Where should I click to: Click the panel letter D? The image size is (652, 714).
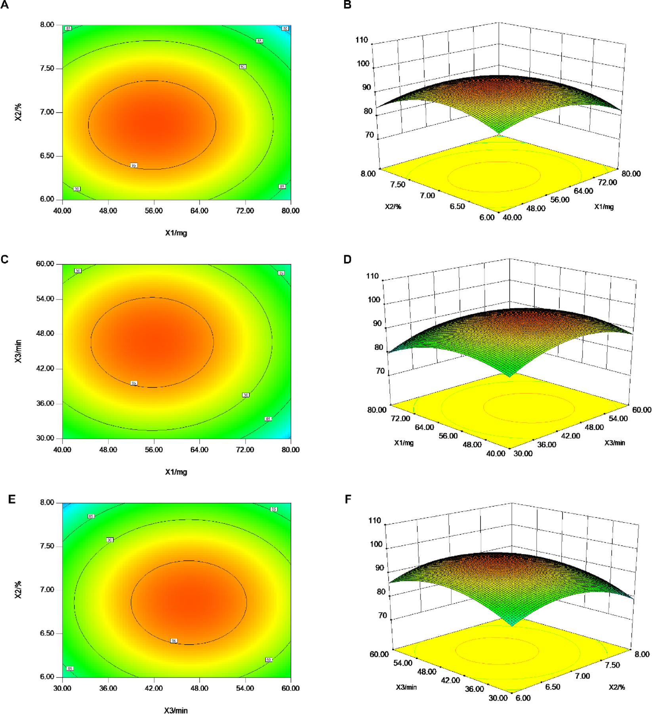coord(347,260)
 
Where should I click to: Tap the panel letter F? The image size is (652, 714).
coord(348,499)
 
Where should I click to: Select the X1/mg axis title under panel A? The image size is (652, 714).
coord(176,233)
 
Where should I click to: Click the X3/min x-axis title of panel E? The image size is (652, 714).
coord(176,710)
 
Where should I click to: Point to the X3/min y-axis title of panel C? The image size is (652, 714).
coord(18,351)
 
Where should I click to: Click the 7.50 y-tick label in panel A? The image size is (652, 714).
coord(47,69)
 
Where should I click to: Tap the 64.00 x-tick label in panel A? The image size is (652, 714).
coord(199,211)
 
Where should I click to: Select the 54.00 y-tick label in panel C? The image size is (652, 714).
coord(45,299)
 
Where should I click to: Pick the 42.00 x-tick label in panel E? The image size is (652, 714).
coord(154,688)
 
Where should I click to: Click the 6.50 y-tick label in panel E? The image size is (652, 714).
coord(47,633)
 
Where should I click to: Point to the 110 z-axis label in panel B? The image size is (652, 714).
coord(362,40)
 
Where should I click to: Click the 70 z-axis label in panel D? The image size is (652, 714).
coord(380,371)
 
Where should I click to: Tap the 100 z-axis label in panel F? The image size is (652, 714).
coord(376,544)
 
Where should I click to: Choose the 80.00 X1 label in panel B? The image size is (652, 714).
coord(631,174)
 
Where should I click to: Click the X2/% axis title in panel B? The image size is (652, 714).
coord(393,206)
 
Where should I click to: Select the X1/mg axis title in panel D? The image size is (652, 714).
coord(404,443)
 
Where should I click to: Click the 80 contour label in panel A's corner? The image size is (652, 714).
coord(285,29)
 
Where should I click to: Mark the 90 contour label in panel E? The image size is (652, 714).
coord(110,540)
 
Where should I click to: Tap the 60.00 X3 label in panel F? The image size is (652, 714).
coord(379,654)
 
